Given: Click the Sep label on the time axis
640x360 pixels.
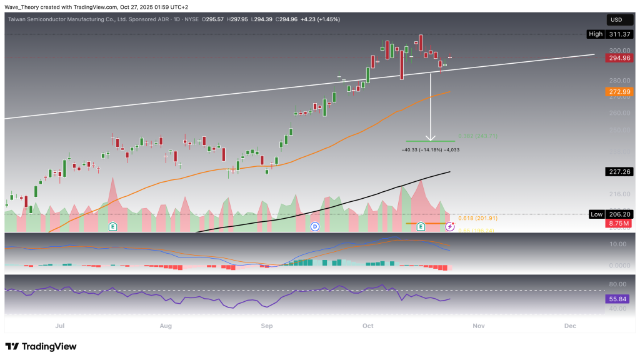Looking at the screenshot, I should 267,326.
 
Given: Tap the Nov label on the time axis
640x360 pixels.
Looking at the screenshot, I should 478,326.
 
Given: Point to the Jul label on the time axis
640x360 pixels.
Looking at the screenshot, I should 60,326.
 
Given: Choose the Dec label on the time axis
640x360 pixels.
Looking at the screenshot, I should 570,326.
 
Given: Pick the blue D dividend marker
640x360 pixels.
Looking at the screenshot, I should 314,226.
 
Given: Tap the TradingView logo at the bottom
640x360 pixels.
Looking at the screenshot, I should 41,346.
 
